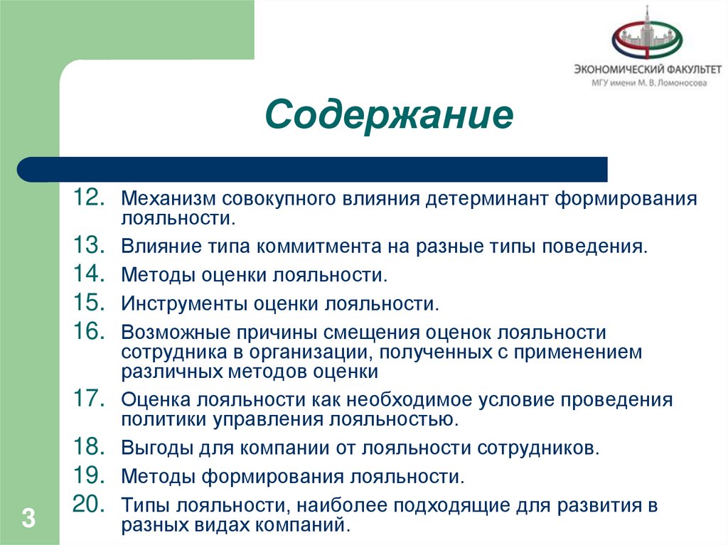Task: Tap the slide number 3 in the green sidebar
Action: click(28, 517)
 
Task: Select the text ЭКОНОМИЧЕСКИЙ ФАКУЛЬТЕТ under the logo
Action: click(648, 70)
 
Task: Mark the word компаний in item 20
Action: click(306, 526)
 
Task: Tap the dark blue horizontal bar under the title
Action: click(313, 169)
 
